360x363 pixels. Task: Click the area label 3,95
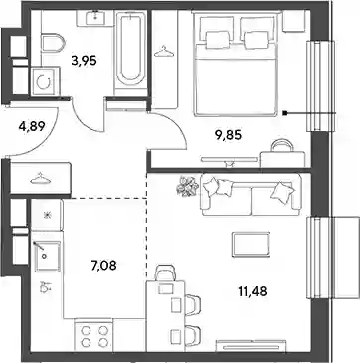tap(84, 61)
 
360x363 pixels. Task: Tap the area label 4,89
tap(32, 126)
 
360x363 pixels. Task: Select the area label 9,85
tap(229, 135)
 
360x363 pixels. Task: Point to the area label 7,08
tap(103, 265)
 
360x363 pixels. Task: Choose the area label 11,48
tap(253, 291)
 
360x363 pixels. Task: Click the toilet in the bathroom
tap(53, 43)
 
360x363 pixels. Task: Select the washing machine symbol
tap(45, 82)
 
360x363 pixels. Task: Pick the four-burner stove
tap(93, 336)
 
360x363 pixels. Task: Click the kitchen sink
tap(48, 257)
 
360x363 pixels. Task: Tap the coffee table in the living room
tap(251, 244)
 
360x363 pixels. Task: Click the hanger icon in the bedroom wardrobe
tap(164, 51)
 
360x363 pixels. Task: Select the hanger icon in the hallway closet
tap(40, 179)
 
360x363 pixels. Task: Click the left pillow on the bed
tap(218, 39)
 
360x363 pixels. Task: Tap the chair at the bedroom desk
tap(281, 145)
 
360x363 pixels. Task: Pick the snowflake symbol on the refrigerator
tap(46, 215)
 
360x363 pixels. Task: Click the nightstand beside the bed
tap(294, 21)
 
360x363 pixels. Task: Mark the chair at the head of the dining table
tap(167, 272)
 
